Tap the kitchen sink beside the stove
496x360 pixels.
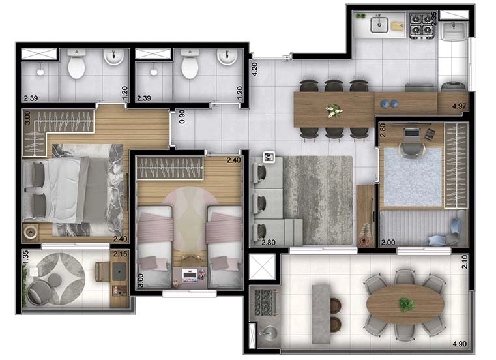click(379, 25)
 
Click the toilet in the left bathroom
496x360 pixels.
click(76, 67)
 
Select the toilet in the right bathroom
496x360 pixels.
click(190, 67)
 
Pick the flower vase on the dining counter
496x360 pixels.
click(334, 111)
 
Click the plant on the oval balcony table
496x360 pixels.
click(406, 304)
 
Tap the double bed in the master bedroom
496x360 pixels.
click(72, 190)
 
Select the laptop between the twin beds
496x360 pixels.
click(190, 275)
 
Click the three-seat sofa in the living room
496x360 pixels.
click(272, 200)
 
